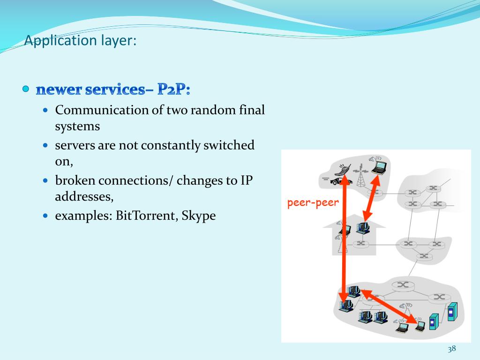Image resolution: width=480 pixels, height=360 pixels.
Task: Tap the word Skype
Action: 199,216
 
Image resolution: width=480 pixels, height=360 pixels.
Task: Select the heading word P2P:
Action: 174,89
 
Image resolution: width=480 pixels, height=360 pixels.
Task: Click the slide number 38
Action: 452,349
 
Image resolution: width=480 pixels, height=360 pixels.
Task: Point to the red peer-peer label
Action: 313,203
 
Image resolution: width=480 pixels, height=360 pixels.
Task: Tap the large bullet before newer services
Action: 26,89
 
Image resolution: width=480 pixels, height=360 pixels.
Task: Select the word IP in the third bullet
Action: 247,180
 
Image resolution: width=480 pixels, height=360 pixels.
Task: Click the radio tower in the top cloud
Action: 361,178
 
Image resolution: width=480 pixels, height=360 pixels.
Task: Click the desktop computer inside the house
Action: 362,228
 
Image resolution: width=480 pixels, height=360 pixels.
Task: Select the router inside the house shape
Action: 360,243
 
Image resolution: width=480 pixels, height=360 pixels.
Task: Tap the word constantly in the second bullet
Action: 171,145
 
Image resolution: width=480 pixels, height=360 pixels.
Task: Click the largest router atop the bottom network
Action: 402,284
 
